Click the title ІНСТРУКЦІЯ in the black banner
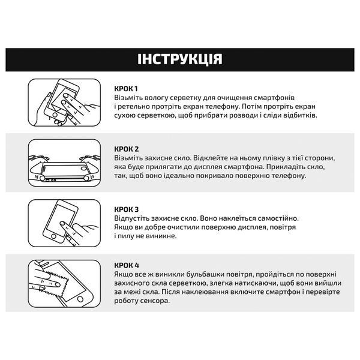coord(180,59)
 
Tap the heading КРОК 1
coord(126,89)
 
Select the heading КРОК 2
coord(127,149)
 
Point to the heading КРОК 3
coord(127,209)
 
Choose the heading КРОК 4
coord(127,265)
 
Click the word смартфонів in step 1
coord(274,98)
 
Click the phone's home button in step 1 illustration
coord(55,115)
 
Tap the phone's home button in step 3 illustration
coord(54,236)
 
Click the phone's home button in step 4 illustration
coord(80,299)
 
